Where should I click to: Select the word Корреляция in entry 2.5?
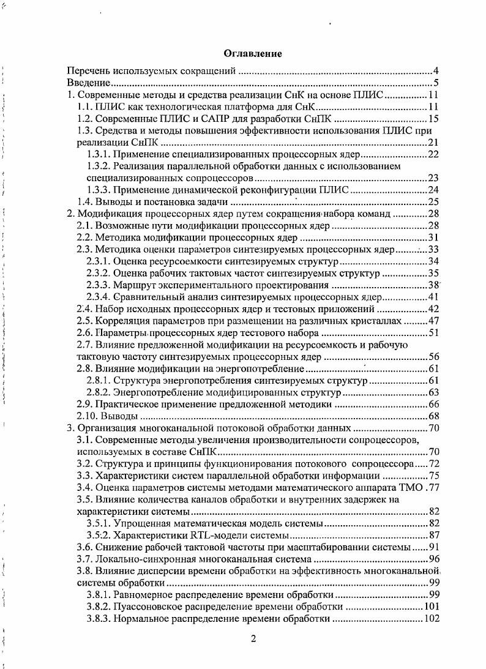(124, 321)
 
